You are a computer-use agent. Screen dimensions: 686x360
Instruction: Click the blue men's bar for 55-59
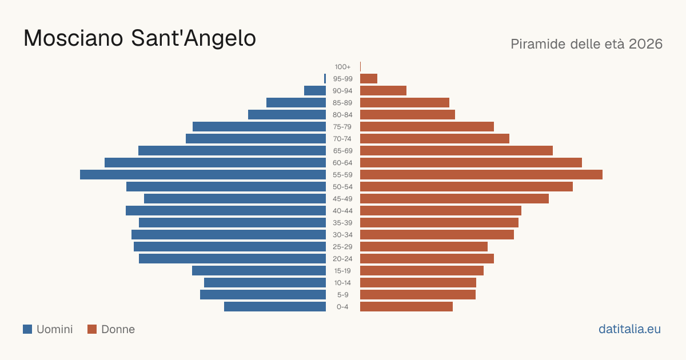(203, 174)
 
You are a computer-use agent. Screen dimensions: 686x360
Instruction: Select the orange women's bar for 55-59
(481, 174)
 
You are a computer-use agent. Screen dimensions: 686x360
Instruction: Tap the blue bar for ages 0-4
(275, 306)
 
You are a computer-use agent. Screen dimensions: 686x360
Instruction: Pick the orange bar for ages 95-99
(369, 79)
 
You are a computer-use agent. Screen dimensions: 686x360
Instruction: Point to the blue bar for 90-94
(315, 91)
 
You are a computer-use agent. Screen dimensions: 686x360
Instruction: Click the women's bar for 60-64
(471, 162)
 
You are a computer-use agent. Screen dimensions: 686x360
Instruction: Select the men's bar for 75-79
(259, 126)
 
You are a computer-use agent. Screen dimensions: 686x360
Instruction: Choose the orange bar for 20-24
(427, 259)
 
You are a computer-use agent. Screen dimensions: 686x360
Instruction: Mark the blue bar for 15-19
(259, 271)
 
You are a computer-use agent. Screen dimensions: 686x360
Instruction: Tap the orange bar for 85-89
(405, 102)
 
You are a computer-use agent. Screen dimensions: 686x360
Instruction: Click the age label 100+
(342, 67)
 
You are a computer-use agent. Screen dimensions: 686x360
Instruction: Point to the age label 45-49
(342, 199)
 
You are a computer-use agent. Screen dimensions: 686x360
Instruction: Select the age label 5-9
(342, 295)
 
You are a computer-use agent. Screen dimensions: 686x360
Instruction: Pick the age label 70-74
(342, 139)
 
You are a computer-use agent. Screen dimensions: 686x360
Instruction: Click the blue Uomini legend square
(27, 329)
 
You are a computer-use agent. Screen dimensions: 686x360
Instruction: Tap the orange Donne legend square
(92, 329)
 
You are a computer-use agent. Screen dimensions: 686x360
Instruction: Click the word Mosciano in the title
(73, 38)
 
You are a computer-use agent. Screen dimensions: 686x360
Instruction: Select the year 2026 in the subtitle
(645, 44)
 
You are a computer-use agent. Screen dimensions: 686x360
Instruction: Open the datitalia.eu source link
(629, 329)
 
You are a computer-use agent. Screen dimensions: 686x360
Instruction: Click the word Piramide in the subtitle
(538, 44)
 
